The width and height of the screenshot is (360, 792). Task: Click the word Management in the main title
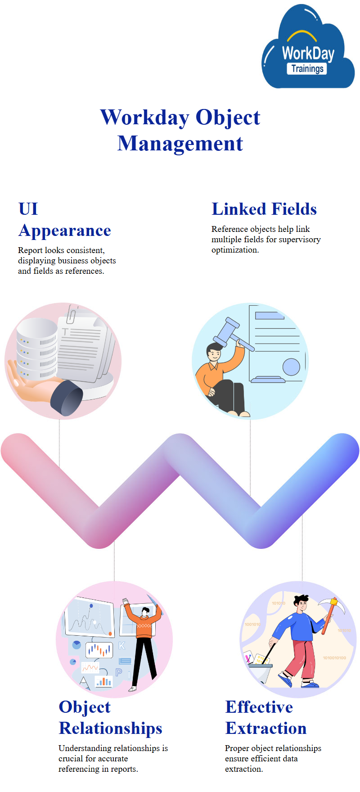180,144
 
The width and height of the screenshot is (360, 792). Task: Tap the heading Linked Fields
264,209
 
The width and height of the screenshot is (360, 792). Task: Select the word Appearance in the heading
65,231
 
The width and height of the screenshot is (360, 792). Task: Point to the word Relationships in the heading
111,728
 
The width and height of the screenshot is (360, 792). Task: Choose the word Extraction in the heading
266,728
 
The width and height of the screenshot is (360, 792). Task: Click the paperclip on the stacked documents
72,314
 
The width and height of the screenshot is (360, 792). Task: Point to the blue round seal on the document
291,367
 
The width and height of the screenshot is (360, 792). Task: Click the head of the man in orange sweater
144,612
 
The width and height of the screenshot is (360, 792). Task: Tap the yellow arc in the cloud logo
301,36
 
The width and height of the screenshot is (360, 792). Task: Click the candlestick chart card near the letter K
99,650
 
